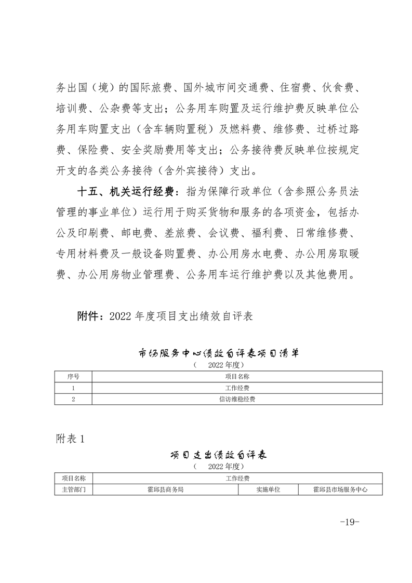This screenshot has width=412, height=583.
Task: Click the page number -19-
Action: point(349,522)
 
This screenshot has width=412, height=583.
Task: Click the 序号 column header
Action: point(73,376)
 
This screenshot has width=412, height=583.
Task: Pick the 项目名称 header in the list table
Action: point(237,376)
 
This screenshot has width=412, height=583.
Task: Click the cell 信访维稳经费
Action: point(237,399)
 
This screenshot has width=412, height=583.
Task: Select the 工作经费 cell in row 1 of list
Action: point(237,388)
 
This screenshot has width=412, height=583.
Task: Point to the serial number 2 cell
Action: point(73,399)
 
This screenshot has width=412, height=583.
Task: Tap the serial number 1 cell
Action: point(73,388)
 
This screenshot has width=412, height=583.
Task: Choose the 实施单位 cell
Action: point(268,489)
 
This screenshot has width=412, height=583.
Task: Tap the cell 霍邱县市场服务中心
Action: point(340,489)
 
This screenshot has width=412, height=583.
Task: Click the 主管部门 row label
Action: point(73,489)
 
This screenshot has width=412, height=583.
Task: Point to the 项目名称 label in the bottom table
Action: point(73,478)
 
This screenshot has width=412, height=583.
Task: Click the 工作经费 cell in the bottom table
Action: point(237,478)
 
